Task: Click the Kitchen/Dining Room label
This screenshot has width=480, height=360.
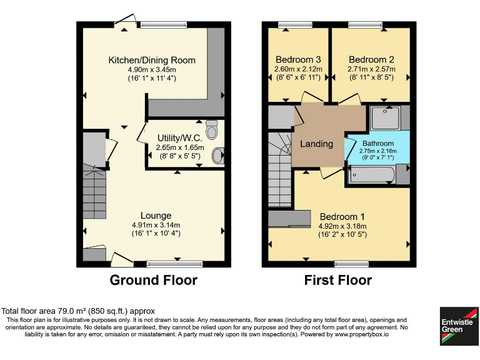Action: [x=152, y=61]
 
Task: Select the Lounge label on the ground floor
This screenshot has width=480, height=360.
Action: [x=156, y=216]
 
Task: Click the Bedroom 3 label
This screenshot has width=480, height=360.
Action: [x=298, y=59]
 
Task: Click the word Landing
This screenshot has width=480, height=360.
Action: [x=316, y=144]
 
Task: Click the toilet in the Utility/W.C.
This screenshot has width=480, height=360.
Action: [x=212, y=129]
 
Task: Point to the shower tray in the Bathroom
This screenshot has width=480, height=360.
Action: [x=383, y=117]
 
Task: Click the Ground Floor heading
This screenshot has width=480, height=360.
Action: [x=153, y=280]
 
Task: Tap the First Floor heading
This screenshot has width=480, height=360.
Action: [x=337, y=280]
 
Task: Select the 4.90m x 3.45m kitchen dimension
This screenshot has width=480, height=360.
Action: [x=152, y=70]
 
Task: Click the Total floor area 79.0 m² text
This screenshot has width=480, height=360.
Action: [x=78, y=311]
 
